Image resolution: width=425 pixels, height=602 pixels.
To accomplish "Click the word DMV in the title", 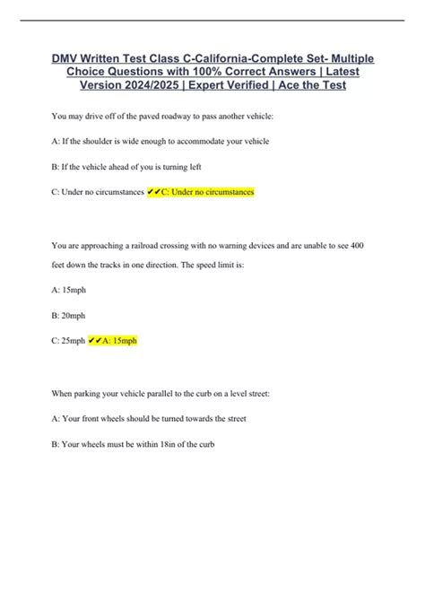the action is [x=64, y=59].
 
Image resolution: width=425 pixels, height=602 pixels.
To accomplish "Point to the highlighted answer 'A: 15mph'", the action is [x=117, y=342].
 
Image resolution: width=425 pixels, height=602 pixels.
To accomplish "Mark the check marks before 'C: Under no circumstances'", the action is [x=153, y=192].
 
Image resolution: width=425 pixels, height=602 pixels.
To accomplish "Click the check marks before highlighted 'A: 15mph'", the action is [x=94, y=342].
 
